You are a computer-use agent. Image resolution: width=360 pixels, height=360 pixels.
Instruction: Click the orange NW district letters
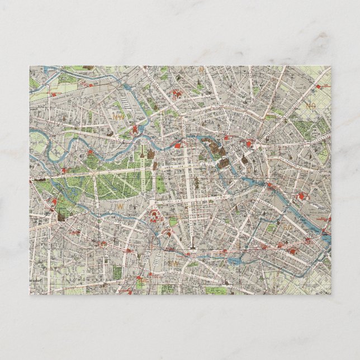[x=119, y=116]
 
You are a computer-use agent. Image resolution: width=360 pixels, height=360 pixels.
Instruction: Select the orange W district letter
[x=119, y=206]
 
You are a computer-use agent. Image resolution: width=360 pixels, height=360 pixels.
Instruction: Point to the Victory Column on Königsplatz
[x=142, y=151]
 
